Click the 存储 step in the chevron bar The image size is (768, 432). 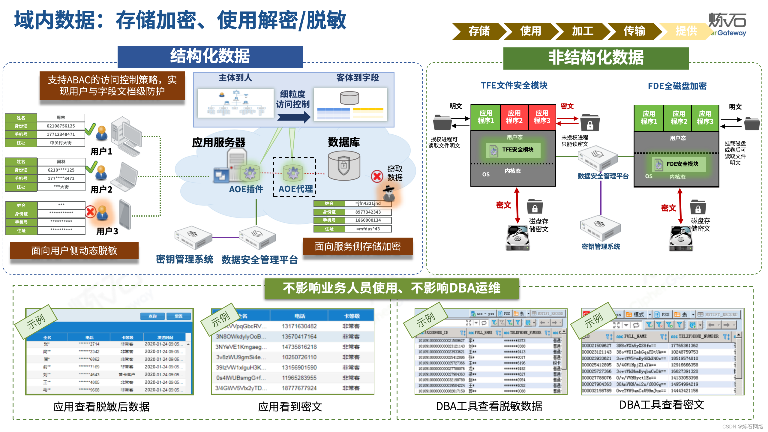click(479, 31)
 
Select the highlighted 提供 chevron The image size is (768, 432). click(686, 31)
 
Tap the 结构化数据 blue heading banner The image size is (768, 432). click(210, 56)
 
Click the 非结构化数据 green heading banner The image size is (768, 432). click(596, 58)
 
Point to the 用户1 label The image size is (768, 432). click(101, 151)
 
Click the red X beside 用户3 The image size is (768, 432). click(90, 212)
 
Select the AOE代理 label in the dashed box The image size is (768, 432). click(295, 189)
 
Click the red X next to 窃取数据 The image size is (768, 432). click(377, 176)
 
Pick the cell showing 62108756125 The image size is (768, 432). click(61, 126)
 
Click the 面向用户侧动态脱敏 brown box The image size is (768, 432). click(74, 250)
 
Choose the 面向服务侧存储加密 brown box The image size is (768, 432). click(358, 246)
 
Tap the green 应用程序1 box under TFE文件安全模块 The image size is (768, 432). click(486, 117)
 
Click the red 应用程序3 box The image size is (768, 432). click(542, 117)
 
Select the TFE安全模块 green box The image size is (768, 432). click(513, 150)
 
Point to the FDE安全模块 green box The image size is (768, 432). click(679, 164)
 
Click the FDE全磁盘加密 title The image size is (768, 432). click(677, 86)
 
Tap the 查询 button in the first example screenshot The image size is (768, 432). click(153, 316)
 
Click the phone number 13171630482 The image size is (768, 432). click(299, 326)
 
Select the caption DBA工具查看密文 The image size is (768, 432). click(661, 405)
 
